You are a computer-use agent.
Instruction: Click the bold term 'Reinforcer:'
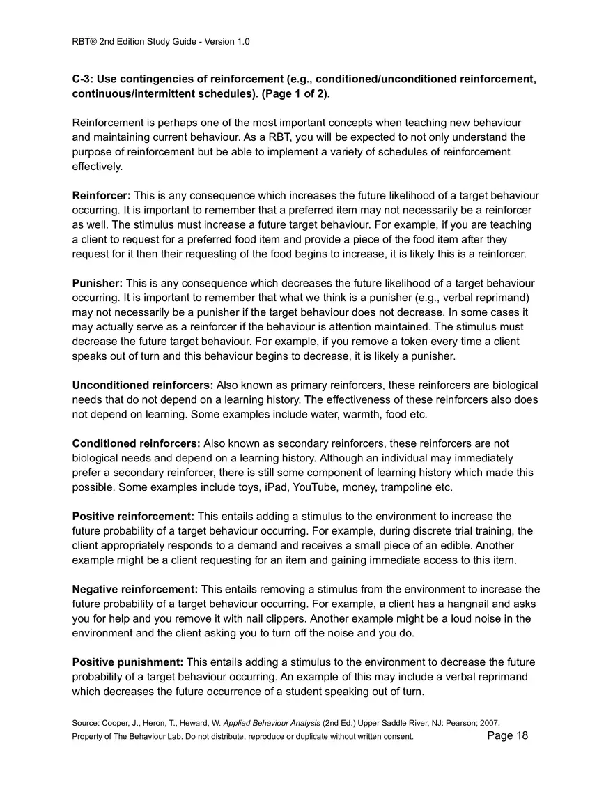(101, 196)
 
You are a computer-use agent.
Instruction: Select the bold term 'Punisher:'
(98, 283)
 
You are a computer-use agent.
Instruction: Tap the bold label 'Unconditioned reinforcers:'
(143, 385)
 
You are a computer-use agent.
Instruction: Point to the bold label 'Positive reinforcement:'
(133, 516)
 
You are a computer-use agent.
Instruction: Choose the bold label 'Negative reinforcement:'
(135, 589)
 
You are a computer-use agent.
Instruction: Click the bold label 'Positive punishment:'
(127, 662)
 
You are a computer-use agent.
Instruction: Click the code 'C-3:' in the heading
(83, 79)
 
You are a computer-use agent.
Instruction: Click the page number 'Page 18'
(508, 735)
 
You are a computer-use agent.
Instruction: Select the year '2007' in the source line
(489, 723)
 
